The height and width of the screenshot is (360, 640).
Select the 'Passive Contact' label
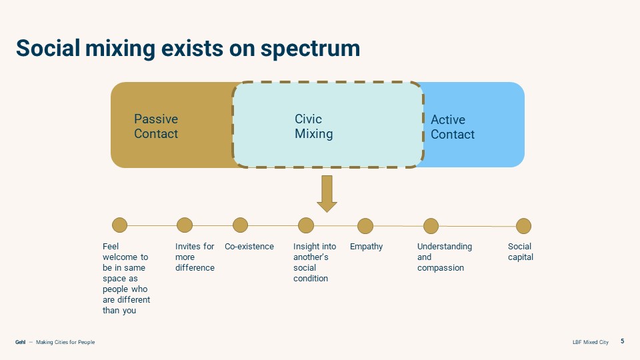click(x=156, y=127)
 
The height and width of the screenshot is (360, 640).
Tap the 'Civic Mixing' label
click(x=313, y=127)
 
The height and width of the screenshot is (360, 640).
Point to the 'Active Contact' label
click(x=453, y=127)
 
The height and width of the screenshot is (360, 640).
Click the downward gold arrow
click(x=327, y=193)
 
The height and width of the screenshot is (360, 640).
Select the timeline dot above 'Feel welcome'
click(x=119, y=225)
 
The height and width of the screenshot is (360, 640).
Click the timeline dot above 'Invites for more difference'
click(x=185, y=225)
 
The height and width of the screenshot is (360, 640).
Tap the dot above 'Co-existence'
click(x=240, y=225)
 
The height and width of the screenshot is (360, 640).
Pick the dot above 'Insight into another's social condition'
click(x=306, y=225)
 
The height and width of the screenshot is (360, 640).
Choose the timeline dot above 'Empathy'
click(x=365, y=226)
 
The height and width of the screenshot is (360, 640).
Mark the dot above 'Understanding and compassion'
click(x=431, y=226)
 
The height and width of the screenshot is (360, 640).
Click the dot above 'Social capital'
click(x=524, y=226)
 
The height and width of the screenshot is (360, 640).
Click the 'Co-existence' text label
click(x=249, y=247)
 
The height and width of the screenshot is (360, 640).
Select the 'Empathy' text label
click(x=367, y=247)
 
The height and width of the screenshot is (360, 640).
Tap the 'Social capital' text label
click(x=520, y=252)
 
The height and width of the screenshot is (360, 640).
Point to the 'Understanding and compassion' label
click(x=444, y=257)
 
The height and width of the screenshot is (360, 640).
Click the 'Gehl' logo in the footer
click(x=20, y=342)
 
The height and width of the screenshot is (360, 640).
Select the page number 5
click(x=623, y=341)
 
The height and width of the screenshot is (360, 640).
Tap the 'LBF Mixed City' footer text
click(x=590, y=342)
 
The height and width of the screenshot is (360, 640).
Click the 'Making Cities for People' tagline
click(x=65, y=342)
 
